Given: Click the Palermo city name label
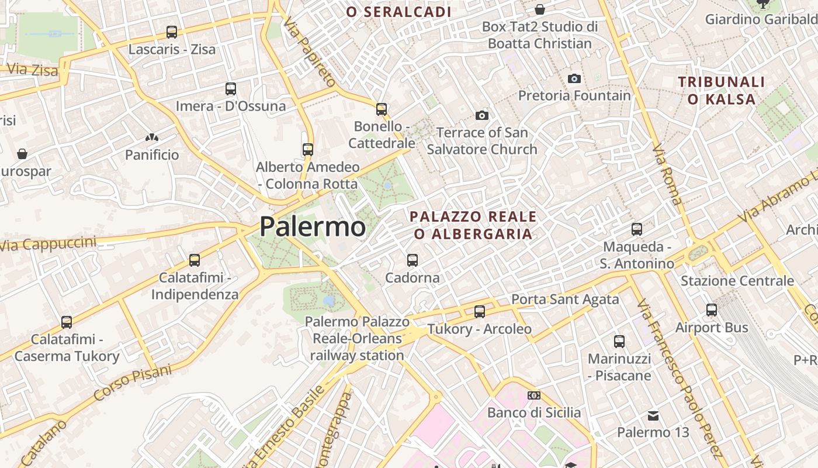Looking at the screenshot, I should (313, 226).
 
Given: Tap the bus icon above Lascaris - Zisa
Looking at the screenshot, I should (172, 32).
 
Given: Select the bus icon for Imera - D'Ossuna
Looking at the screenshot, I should (231, 89).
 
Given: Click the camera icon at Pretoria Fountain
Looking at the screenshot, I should (574, 78).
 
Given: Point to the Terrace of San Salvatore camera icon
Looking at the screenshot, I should (482, 115).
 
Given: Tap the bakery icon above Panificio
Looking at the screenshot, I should (152, 138).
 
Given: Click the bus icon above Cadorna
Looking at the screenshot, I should (413, 260).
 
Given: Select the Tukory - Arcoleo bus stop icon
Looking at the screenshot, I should (480, 312).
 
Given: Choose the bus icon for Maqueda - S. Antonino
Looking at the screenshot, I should (637, 229).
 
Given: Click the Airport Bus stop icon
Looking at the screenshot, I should (712, 310).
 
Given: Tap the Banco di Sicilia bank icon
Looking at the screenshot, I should (534, 395).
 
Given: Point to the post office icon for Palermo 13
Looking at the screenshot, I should (653, 416).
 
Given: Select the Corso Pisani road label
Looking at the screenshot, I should (133, 383).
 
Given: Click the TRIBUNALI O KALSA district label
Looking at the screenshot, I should (722, 90).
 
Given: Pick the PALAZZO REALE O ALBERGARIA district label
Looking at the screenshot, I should (473, 225).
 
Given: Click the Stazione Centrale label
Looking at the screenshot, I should (737, 281).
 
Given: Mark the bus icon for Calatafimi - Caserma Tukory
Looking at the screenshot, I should (67, 322).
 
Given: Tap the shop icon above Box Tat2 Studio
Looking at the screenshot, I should (540, 9).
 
